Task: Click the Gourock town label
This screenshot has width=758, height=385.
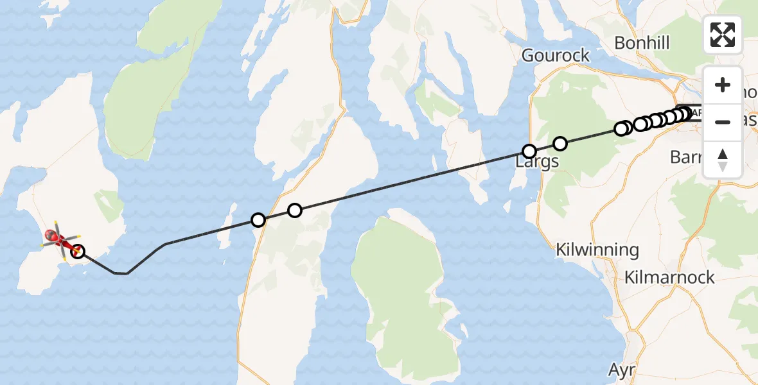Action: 556,56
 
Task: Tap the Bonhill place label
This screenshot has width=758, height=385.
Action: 642,43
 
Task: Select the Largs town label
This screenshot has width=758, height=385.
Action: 537,162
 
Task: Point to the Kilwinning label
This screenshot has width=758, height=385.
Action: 598,250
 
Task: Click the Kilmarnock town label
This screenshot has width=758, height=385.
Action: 670,277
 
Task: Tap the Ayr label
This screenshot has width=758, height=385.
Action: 622,370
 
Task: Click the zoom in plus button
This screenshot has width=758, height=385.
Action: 723,85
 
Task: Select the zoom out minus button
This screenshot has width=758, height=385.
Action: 723,121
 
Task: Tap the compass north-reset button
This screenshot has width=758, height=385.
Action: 723,160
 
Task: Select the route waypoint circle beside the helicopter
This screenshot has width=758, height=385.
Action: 78,251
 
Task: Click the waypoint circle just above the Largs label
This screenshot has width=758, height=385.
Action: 529,151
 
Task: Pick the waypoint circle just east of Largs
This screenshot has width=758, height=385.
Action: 560,143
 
